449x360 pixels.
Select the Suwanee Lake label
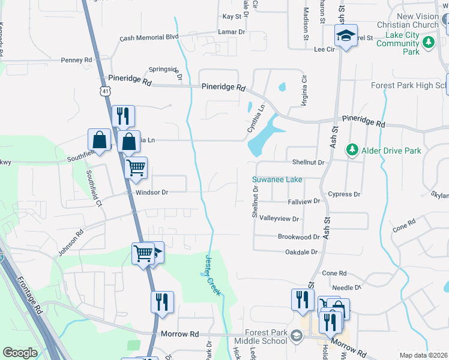tap(277, 179)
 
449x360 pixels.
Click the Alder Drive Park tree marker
tap(352, 149)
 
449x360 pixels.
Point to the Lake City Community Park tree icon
tap(428, 42)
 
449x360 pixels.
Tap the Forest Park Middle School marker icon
tap(295, 337)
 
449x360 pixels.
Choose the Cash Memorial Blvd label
tap(149, 37)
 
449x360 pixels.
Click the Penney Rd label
tap(76, 60)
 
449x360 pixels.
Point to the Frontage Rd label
tap(29, 295)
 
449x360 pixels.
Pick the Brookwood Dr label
tap(299, 237)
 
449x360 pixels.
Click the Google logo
tap(20, 353)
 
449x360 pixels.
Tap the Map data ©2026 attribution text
tap(423, 355)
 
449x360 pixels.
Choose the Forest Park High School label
tap(409, 85)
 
